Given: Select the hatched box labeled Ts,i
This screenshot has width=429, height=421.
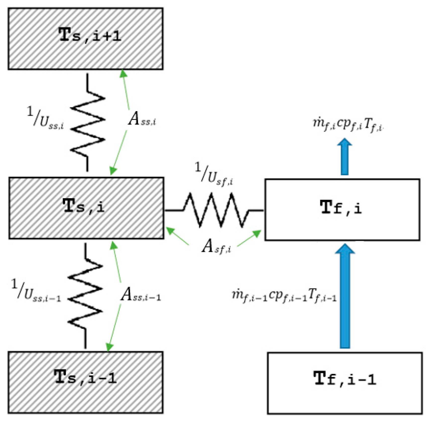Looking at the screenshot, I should [86, 208].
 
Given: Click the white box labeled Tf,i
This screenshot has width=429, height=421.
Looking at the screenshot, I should [342, 209].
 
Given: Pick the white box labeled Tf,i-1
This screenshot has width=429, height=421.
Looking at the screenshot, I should [344, 383].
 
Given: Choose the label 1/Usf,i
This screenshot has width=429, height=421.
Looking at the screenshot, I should [214, 174].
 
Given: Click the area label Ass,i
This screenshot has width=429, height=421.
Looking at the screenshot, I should [142, 119].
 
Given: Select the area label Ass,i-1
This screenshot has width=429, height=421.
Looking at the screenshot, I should [141, 295].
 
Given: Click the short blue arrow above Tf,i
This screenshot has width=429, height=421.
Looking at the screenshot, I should [344, 157].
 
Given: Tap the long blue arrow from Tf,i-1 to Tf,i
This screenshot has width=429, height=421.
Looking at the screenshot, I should [345, 296].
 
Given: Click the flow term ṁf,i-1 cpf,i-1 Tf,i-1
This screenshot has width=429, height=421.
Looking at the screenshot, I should [284, 295].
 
